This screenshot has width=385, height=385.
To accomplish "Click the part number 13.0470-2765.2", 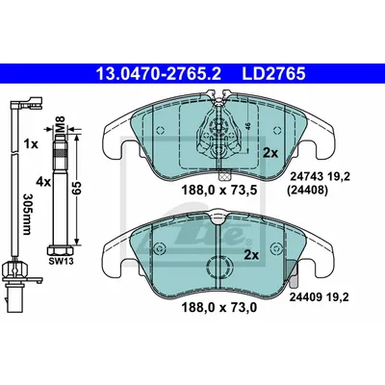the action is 159,73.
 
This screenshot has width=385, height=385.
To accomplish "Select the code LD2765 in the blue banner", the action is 273,73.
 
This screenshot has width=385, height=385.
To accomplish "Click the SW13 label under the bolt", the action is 61,262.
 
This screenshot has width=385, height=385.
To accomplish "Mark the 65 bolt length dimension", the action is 77,188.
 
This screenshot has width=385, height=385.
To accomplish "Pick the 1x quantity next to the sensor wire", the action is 31,144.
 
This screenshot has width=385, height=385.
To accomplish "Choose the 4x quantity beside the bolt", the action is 43,182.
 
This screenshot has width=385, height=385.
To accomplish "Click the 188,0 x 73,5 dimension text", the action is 219,191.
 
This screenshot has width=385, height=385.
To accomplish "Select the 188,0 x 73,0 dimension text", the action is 219,308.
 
